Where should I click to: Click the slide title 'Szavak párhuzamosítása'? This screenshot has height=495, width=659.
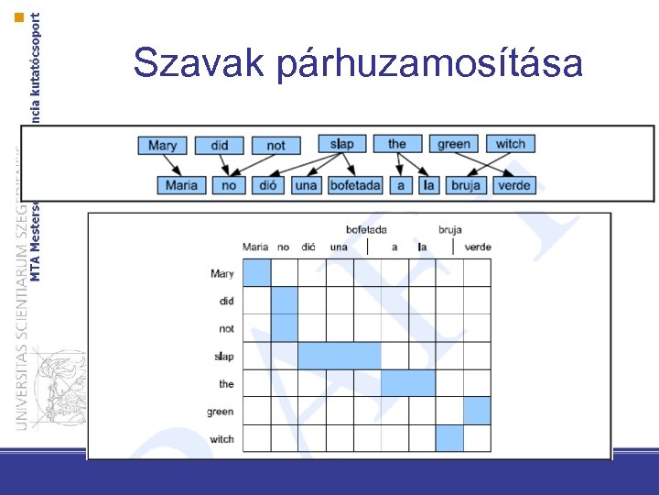click(358, 64)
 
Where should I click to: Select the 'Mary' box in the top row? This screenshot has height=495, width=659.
click(162, 145)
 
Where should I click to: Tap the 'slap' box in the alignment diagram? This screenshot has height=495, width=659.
click(342, 144)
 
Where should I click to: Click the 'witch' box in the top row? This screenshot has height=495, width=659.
click(511, 144)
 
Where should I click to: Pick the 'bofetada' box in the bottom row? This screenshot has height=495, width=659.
click(355, 185)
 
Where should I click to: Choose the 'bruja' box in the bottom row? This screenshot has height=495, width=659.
click(465, 185)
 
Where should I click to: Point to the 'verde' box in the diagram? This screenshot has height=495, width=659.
click(514, 185)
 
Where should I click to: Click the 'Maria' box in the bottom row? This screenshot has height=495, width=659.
click(181, 185)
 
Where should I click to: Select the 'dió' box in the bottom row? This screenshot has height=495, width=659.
click(267, 185)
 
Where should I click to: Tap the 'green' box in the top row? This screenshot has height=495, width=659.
click(454, 144)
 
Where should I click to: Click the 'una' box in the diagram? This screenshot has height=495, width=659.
click(306, 185)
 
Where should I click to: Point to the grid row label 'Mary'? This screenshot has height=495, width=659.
click(221, 273)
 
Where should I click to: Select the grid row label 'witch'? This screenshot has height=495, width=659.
click(221, 439)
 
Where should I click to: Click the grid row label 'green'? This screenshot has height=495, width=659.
click(221, 412)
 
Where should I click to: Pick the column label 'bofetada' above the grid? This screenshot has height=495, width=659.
click(366, 229)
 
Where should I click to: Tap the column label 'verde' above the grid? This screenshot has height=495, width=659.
click(478, 247)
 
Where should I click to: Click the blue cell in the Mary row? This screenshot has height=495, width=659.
click(257, 272)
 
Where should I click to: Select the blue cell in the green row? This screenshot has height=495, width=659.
click(477, 411)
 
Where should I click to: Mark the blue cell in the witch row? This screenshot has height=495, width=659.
click(449, 438)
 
